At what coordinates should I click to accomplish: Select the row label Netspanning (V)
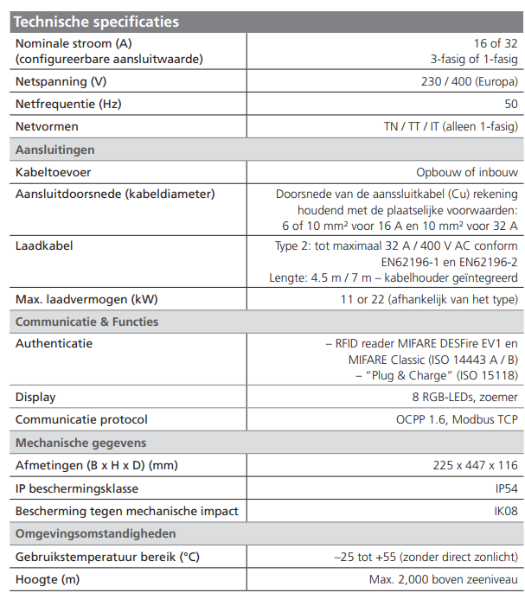pyautogui.click(x=63, y=82)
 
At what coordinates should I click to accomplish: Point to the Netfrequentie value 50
pyautogui.click(x=511, y=105)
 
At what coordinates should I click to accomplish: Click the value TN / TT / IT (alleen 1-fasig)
pyautogui.click(x=451, y=127)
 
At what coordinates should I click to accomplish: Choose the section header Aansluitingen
pyautogui.click(x=55, y=150)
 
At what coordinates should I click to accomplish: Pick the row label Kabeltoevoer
pyautogui.click(x=54, y=172)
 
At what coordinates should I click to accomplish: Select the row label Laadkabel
pyautogui.click(x=44, y=245)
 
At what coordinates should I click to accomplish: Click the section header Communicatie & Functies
pyautogui.click(x=87, y=322)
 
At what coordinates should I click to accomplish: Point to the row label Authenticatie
pyautogui.click(x=54, y=343)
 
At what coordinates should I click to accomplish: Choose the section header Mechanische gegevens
pyautogui.click(x=81, y=443)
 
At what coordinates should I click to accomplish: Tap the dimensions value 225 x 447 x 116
pyautogui.click(x=476, y=465)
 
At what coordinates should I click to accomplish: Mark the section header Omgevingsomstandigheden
pyautogui.click(x=96, y=533)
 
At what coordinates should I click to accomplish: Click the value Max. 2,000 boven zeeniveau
pyautogui.click(x=444, y=578)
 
